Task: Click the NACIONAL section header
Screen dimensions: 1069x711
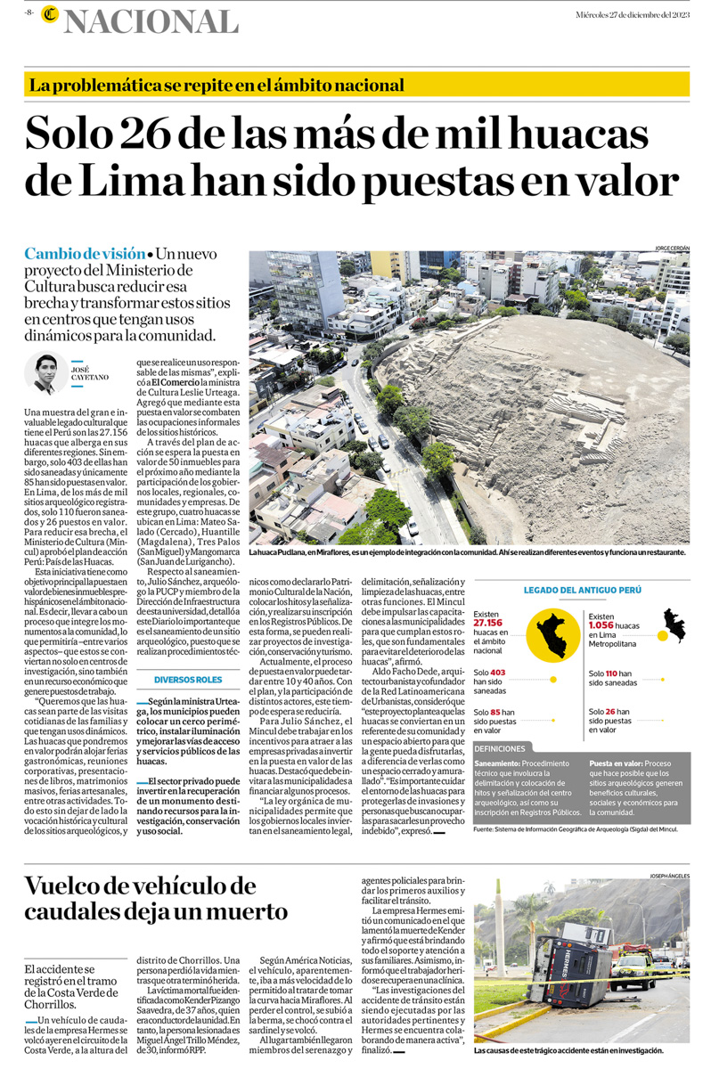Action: (x=151, y=20)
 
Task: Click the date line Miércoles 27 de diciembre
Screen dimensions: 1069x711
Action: (x=632, y=15)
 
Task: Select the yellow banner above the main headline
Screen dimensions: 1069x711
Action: (x=356, y=86)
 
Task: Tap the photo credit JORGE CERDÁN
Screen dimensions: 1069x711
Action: (x=673, y=248)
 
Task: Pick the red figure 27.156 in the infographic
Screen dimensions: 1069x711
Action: (x=488, y=624)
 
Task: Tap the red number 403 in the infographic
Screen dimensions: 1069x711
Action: (x=497, y=673)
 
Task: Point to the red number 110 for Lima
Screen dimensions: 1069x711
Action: (x=611, y=673)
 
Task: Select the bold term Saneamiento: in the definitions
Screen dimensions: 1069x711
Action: (x=497, y=764)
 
